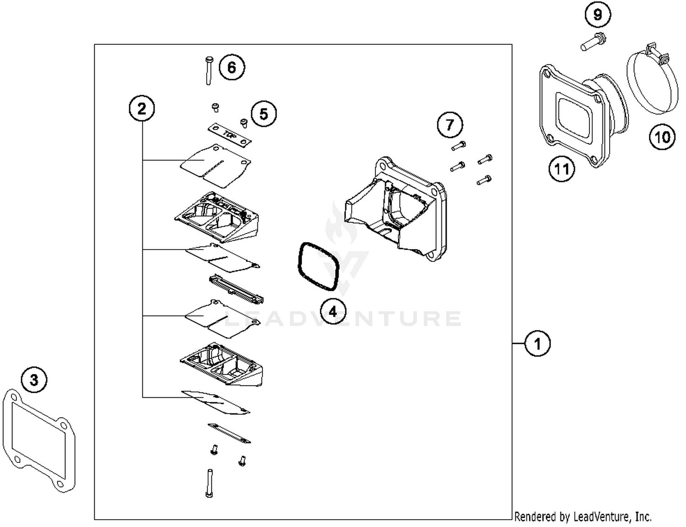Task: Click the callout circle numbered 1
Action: click(537, 343)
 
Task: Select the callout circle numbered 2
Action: click(142, 109)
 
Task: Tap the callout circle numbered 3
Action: click(34, 380)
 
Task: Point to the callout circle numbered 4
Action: click(333, 312)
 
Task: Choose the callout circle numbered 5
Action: click(263, 114)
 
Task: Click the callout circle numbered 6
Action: click(232, 68)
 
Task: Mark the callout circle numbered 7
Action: click(450, 125)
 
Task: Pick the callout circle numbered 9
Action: click(598, 15)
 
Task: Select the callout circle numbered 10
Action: click(662, 137)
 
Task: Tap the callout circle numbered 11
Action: click(562, 169)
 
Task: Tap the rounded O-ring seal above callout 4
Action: click(318, 266)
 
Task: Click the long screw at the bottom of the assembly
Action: click(209, 483)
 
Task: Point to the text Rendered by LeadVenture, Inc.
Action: click(583, 516)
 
